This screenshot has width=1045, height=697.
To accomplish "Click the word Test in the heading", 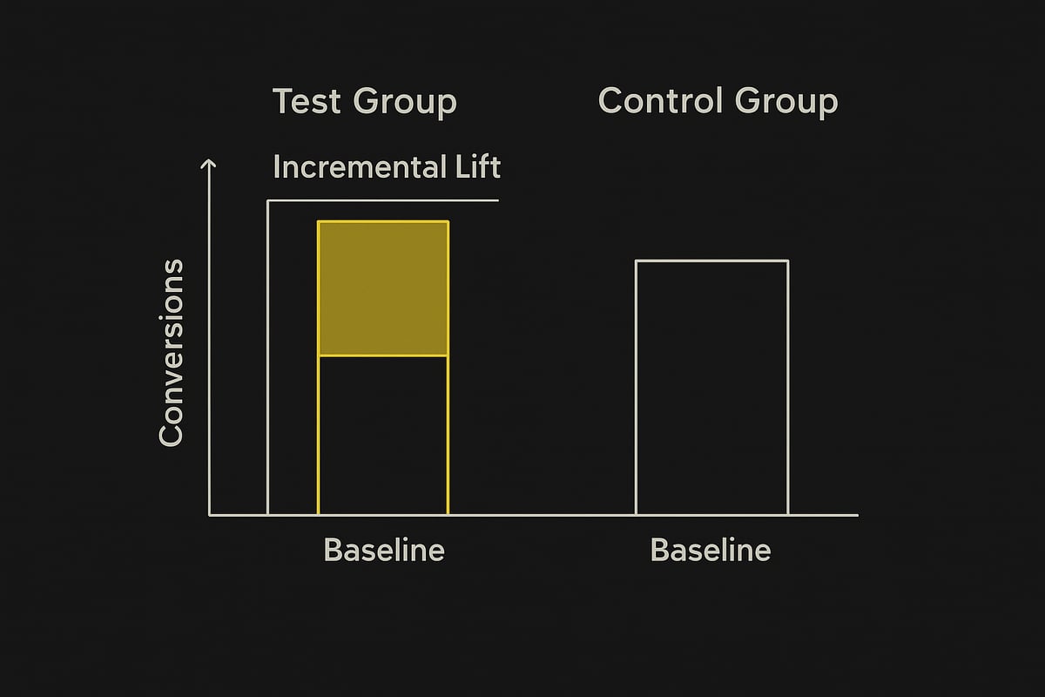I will (307, 102).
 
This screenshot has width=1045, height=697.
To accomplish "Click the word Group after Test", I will (405, 103).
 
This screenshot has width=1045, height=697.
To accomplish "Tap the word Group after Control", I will (788, 102).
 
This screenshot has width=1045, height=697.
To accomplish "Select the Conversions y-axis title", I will (172, 352).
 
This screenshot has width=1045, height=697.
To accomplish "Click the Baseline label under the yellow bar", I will (384, 551).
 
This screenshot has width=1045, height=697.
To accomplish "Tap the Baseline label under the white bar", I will (711, 551).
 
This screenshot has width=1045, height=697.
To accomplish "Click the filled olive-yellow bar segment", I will (383, 288).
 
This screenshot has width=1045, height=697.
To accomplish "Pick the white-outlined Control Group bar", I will (711, 388).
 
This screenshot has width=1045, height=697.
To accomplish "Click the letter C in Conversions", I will (172, 434).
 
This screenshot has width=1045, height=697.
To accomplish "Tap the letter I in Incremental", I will (277, 166).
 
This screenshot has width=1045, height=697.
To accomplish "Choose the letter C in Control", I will (613, 101).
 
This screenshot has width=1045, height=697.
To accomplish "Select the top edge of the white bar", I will (711, 261).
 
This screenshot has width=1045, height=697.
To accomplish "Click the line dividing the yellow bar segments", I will (383, 355).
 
